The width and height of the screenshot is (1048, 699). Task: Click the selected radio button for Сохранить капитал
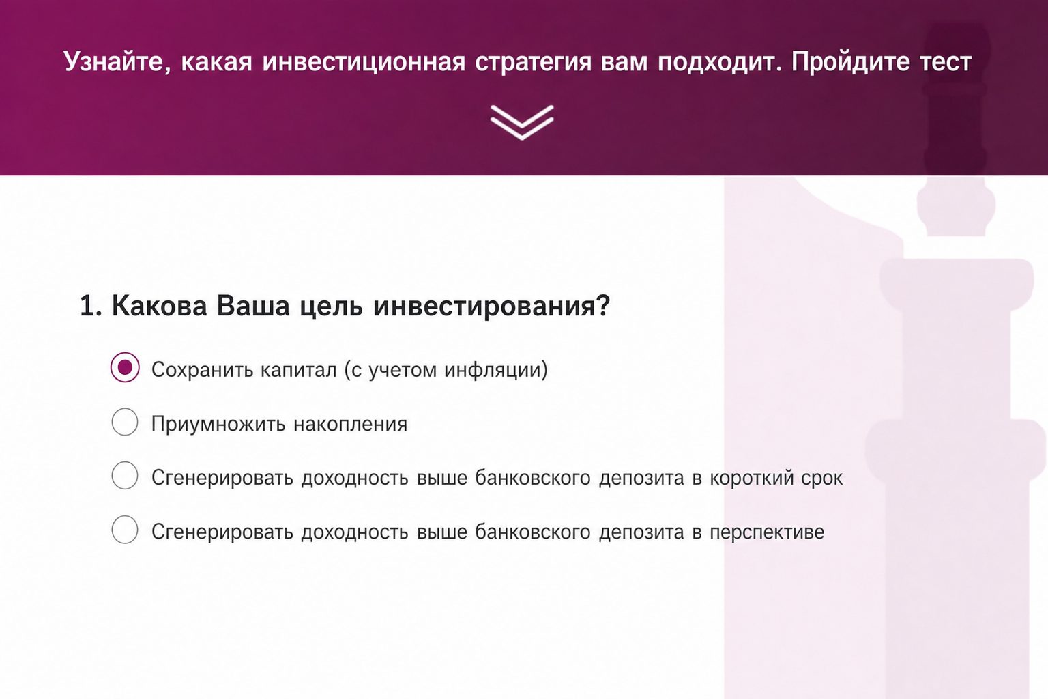point(125,367)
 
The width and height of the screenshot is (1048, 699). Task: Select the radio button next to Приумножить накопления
point(125,422)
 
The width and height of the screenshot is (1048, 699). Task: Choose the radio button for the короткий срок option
point(125,476)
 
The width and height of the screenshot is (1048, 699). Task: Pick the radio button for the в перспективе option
point(125,530)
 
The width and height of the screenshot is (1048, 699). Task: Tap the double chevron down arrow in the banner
point(522,123)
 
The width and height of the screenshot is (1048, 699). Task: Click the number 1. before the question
point(91,306)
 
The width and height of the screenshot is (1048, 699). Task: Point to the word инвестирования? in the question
point(492,306)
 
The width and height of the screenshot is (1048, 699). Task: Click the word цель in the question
point(331,307)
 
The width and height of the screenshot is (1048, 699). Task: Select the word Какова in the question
point(159,306)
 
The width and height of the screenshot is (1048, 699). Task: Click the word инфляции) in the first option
point(496,370)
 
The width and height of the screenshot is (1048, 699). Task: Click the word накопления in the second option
point(351,425)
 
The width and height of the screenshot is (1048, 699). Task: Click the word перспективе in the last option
point(767,532)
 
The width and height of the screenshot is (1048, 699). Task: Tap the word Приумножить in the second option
point(218,424)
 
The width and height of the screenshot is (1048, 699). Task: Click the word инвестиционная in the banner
point(364,62)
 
